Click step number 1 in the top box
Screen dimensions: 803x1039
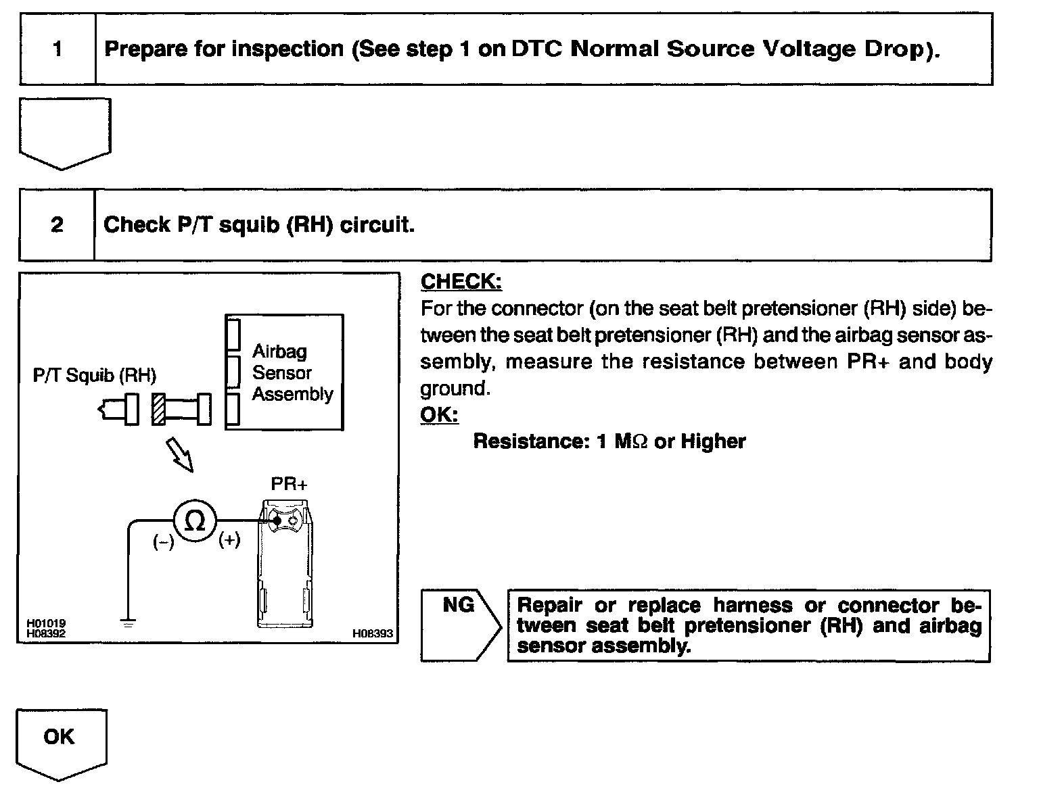[x=57, y=49]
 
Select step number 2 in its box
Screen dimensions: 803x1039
[x=57, y=224]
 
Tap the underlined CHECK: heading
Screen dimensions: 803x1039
[x=461, y=281]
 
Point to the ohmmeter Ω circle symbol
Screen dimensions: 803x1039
[x=195, y=520]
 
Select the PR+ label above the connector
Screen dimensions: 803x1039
[x=289, y=484]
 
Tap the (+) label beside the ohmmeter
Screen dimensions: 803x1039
[x=229, y=540]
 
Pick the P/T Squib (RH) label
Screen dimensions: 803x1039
[x=95, y=375]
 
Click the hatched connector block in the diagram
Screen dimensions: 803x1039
[x=158, y=409]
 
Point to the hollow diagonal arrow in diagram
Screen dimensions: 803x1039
[x=179, y=454]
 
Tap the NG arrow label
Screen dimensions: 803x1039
[x=459, y=605]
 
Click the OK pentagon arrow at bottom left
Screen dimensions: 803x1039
[x=60, y=737]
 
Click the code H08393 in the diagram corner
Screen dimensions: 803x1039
[x=373, y=633]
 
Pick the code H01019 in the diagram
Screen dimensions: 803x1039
[x=46, y=624]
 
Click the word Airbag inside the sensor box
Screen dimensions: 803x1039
[x=279, y=351]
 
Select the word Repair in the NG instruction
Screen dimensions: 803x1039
[x=549, y=605]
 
